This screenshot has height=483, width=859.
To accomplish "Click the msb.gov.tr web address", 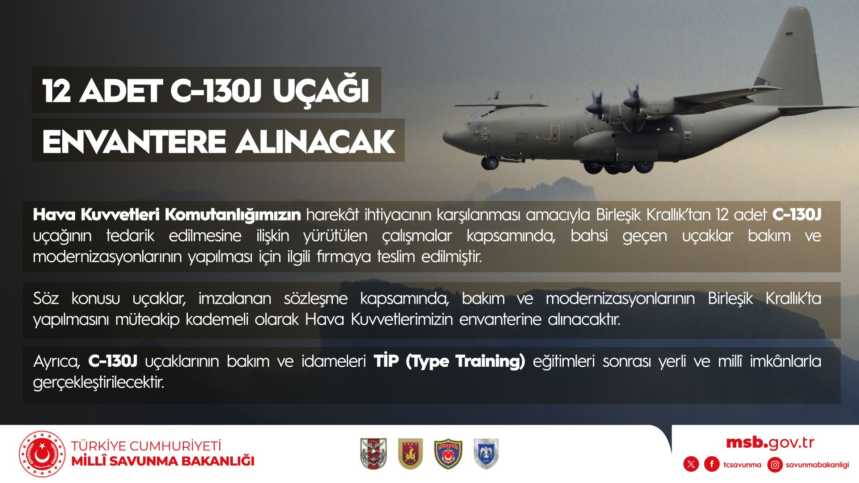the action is pyautogui.click(x=770, y=443).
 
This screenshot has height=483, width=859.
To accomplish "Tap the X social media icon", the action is pyautogui.click(x=691, y=464).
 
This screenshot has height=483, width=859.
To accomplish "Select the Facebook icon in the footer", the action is pyautogui.click(x=712, y=464).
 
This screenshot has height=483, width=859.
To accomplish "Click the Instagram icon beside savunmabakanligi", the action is pyautogui.click(x=775, y=464).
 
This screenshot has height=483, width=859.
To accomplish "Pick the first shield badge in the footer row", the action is pyautogui.click(x=373, y=453).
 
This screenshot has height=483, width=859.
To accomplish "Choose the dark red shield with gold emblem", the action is pyautogui.click(x=411, y=453).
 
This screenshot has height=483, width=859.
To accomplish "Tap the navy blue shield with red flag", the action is pyautogui.click(x=448, y=453).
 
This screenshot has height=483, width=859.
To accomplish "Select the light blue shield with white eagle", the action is pyautogui.click(x=486, y=453).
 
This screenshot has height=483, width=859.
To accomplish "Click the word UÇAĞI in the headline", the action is pyautogui.click(x=321, y=90).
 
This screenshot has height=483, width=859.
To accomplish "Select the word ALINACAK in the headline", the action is pyautogui.click(x=315, y=141).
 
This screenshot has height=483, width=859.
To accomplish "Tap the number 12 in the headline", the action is pyautogui.click(x=57, y=91).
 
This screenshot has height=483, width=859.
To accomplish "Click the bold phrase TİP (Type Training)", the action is pyautogui.click(x=450, y=361).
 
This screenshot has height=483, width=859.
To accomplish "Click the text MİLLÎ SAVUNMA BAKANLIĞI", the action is pyautogui.click(x=163, y=461).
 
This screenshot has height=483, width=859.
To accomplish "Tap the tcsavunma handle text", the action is pyautogui.click(x=742, y=465).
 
